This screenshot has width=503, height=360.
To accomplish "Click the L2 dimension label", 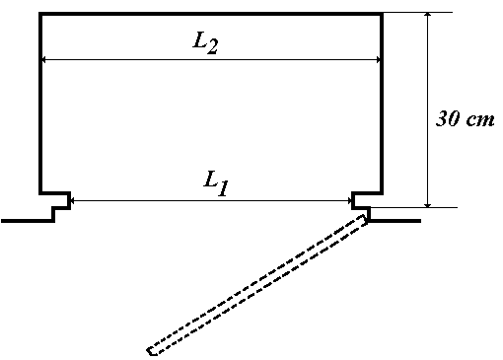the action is tap(205, 44).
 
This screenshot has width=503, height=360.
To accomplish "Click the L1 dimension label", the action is tap(216, 184).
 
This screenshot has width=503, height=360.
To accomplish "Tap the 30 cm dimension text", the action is tap(465, 118).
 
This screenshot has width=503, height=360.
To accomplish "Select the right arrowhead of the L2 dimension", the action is tap(378, 60).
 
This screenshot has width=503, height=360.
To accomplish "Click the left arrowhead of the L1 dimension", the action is tap(73, 200).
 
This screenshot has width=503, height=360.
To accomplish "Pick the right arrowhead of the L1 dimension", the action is tap(349, 200).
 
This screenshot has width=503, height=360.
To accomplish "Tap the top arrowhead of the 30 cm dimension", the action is tap(427, 15).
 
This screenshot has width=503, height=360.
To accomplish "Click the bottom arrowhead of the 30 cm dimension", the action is tap(427, 204).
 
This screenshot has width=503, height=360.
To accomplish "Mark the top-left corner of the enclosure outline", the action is tap(40, 14).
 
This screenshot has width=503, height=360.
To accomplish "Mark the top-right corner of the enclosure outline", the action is tap(382, 14).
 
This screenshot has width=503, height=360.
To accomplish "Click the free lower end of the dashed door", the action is tap(151, 351).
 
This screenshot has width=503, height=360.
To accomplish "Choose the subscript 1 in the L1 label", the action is tap(223, 189).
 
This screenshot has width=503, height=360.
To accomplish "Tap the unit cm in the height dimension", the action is tap(480, 120).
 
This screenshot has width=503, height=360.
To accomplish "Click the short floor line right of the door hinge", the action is tap(395, 221).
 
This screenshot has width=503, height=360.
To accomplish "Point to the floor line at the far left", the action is tap(28, 221).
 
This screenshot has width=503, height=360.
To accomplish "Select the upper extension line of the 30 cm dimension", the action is tap(417, 13).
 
